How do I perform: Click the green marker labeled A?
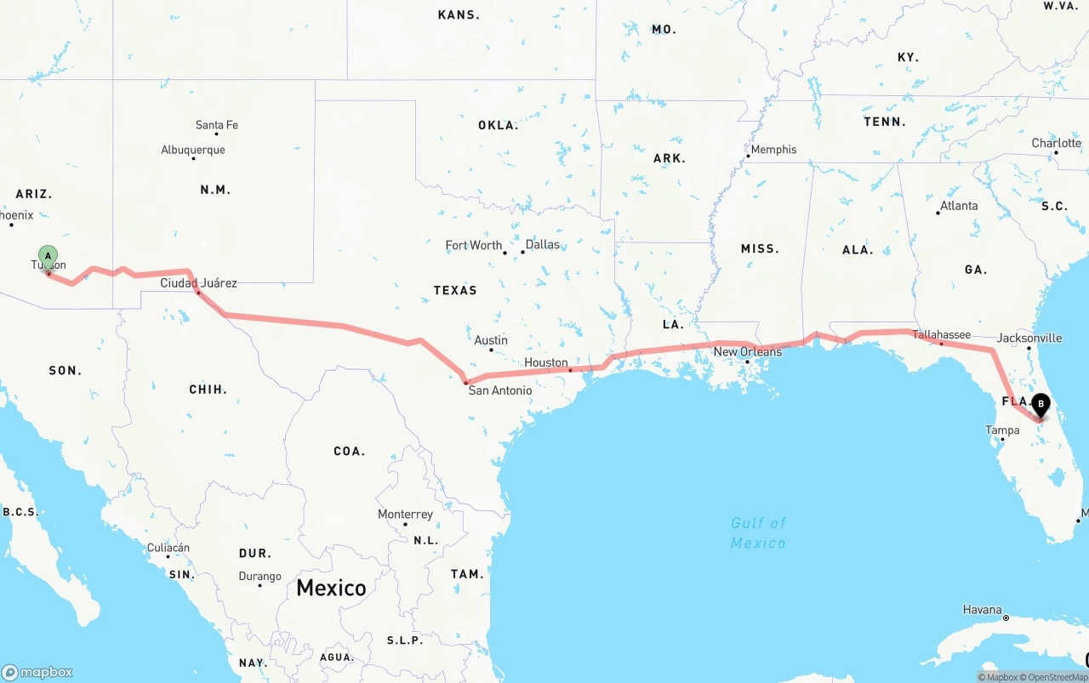(x=48, y=256)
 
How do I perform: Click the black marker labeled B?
(x=1040, y=404)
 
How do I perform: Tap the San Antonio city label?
(x=500, y=390)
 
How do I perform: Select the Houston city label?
(x=546, y=362)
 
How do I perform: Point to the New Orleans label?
(x=748, y=351)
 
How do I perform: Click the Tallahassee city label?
(x=942, y=334)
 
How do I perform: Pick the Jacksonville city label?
(x=1029, y=338)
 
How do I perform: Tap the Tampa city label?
(x=1002, y=430)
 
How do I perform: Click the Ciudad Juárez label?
(x=199, y=282)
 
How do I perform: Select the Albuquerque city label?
(x=193, y=150)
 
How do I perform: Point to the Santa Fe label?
(x=217, y=125)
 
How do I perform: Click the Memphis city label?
(x=773, y=149)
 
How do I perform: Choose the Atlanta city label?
(x=959, y=205)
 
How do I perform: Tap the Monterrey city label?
(x=405, y=515)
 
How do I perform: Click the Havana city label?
(x=982, y=609)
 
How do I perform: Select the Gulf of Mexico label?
(x=758, y=533)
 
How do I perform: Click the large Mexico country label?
(x=331, y=588)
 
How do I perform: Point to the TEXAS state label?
(x=455, y=290)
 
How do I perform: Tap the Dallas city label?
(x=543, y=244)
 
